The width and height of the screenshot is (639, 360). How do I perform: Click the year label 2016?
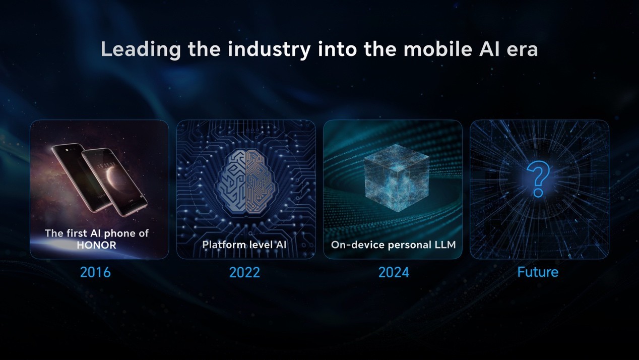coord(95,272)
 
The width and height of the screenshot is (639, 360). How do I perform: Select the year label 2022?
coord(244,272)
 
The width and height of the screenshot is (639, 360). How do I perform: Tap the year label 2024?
coord(394,272)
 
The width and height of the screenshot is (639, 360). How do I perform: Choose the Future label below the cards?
coord(538,272)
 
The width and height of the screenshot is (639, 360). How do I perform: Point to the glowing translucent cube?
coord(397,177)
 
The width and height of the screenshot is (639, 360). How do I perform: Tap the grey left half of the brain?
coord(230,183)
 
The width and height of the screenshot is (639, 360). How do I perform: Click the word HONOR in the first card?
coord(96,245)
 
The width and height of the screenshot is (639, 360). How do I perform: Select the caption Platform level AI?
coord(244,245)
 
